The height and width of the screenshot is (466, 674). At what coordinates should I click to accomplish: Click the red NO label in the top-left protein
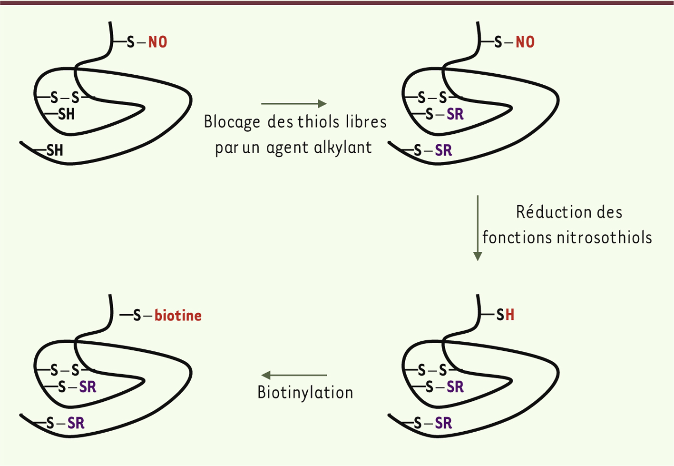[157, 42]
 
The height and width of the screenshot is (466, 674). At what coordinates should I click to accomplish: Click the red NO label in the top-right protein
[525, 42]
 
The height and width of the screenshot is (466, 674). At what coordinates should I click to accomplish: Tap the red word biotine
[178, 316]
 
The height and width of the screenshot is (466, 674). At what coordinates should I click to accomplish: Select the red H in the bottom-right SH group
[510, 315]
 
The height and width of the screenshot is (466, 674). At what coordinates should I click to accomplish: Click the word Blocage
[232, 122]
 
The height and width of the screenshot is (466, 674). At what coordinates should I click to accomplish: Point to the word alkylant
[343, 148]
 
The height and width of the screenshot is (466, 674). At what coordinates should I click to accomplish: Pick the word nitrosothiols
[605, 238]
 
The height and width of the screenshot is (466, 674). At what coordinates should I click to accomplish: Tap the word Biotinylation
[305, 393]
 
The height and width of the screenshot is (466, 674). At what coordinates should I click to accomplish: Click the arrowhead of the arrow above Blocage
[322, 104]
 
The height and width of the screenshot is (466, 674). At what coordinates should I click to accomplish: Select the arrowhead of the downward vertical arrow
[478, 256]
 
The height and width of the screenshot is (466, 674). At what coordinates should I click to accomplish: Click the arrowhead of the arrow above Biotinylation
[266, 375]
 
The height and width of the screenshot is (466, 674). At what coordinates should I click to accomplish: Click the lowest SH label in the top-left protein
[55, 150]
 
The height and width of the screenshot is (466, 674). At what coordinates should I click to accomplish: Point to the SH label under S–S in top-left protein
[66, 114]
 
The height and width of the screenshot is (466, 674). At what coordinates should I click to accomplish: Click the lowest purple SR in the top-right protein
[443, 150]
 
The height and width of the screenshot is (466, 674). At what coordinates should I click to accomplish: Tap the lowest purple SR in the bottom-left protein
[76, 423]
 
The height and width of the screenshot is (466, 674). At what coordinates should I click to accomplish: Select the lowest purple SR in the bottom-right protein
[443, 423]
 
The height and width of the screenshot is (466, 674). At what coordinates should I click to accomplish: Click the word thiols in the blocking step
[319, 122]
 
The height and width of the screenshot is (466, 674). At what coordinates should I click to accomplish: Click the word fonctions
[517, 238]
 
